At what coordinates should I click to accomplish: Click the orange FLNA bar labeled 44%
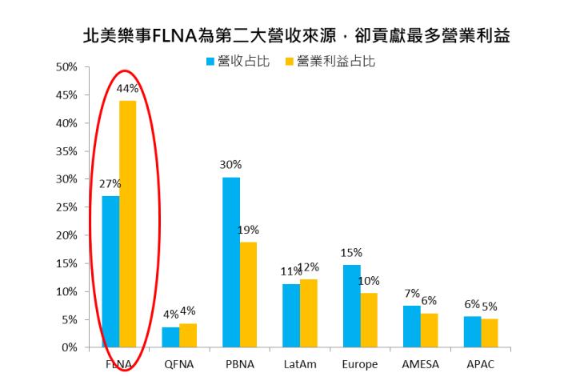click(x=128, y=224)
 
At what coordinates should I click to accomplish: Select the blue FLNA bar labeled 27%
click(x=110, y=272)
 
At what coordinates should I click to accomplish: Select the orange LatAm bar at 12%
click(x=309, y=313)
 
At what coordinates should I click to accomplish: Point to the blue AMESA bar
click(x=411, y=327)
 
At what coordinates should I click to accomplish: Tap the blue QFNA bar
click(x=171, y=337)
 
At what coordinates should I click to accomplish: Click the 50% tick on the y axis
click(x=66, y=67)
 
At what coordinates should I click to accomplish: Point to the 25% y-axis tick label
click(x=66, y=207)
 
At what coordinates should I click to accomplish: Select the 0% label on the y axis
click(x=70, y=348)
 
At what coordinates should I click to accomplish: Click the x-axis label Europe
click(x=360, y=364)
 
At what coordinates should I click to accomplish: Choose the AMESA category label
click(x=420, y=364)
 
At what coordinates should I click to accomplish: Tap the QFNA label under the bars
click(x=179, y=364)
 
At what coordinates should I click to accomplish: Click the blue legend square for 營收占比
click(x=210, y=61)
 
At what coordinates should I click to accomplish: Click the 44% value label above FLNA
click(x=128, y=89)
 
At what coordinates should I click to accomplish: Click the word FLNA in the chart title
click(x=186, y=36)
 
